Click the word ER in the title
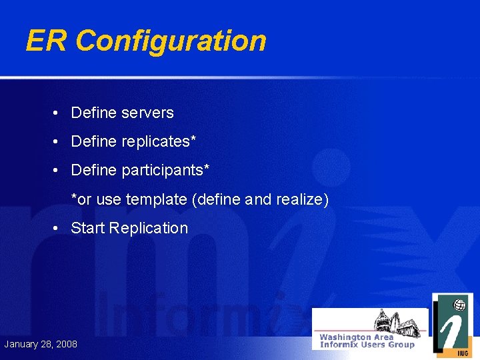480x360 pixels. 47,41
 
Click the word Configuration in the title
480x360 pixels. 171,41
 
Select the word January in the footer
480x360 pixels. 21,344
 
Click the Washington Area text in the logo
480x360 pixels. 357,337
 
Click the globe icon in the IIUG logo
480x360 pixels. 459,305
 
